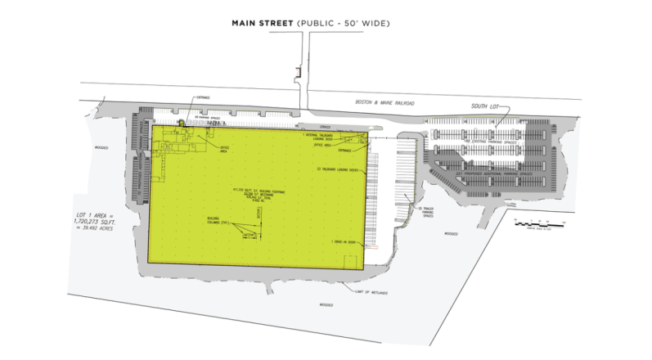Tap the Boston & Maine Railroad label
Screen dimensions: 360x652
click(384, 102)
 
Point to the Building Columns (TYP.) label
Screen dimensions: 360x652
click(218, 222)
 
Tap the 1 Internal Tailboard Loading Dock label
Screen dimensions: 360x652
click(321, 137)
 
